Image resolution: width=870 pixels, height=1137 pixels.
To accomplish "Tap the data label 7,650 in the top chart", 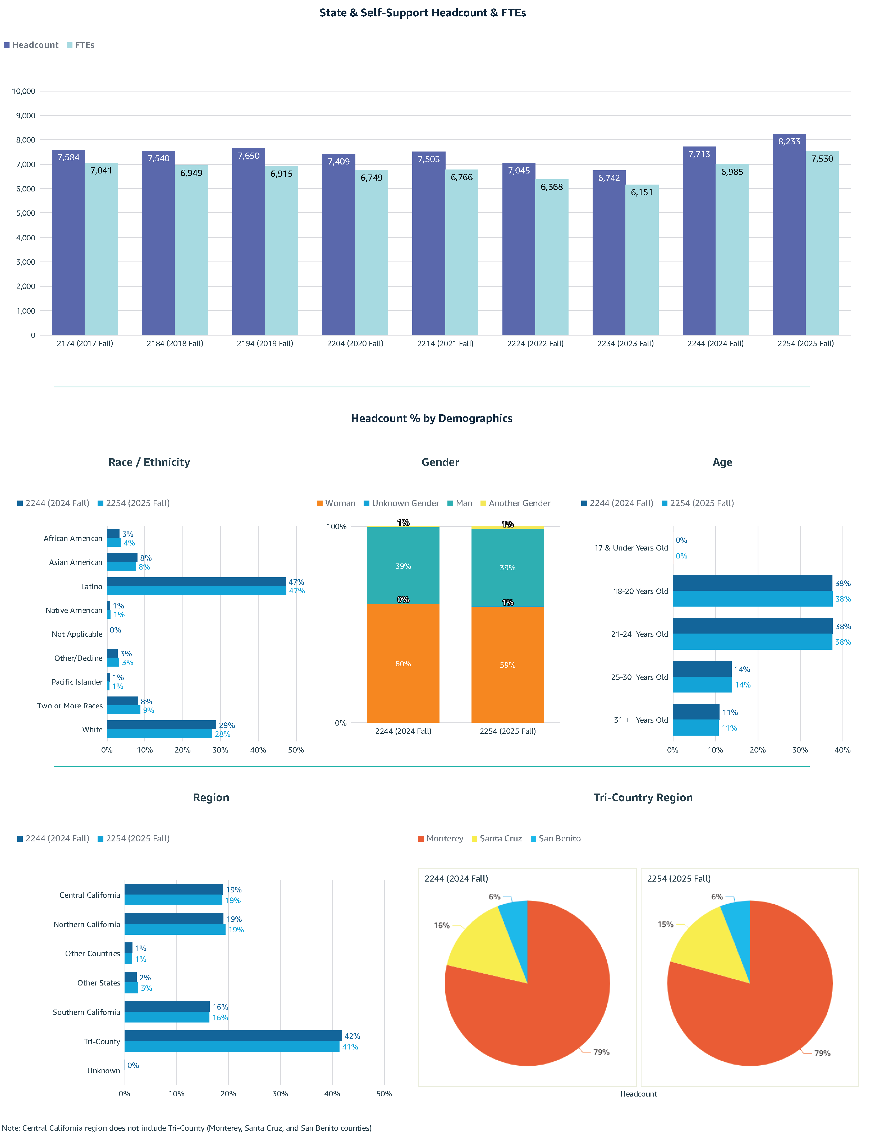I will click(x=249, y=156).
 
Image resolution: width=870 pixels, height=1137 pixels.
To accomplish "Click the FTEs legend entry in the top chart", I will click(x=81, y=45).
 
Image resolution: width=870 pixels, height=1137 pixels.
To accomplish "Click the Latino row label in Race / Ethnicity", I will click(x=92, y=586).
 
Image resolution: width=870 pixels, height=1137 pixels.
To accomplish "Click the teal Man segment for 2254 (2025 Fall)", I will click(x=507, y=567).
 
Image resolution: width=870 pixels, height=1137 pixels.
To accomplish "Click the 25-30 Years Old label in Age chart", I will click(x=640, y=677).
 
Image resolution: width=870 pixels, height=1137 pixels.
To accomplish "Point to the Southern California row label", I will click(x=86, y=1012).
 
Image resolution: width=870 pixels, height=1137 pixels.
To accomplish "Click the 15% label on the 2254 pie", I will click(x=665, y=924).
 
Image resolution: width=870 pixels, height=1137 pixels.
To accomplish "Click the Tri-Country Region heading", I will click(x=643, y=797).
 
